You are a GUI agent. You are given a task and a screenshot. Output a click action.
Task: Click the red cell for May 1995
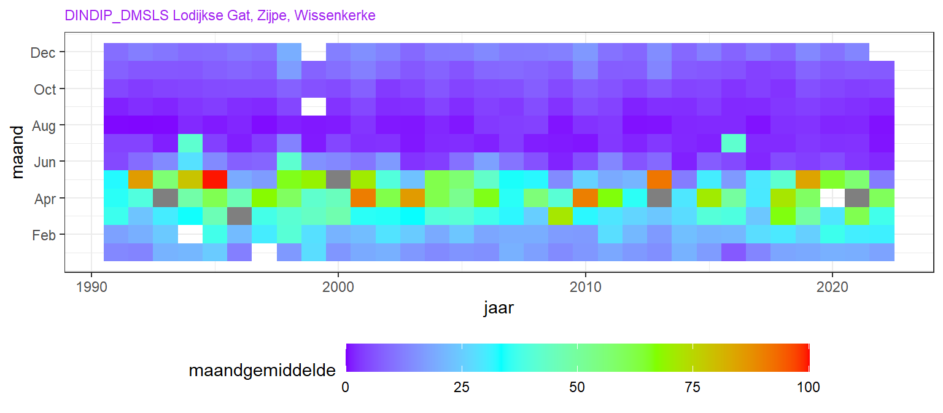click(215, 180)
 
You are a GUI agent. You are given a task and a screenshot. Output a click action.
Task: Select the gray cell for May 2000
click(338, 180)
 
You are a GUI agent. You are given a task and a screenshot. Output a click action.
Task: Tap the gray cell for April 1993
click(165, 198)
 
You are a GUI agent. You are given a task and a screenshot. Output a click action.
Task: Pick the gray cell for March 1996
click(239, 216)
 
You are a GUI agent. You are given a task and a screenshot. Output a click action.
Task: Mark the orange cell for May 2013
click(659, 180)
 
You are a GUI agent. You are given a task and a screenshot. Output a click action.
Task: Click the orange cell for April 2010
click(585, 198)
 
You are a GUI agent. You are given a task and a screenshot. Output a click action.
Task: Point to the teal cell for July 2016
click(734, 143)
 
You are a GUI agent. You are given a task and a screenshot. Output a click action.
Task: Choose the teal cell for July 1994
click(190, 143)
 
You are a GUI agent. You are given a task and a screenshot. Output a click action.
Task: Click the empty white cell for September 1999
click(314, 107)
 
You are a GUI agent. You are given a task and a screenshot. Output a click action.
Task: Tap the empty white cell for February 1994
click(190, 234)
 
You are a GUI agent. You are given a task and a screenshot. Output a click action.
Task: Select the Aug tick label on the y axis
click(44, 125)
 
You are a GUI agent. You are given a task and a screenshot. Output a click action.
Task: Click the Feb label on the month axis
click(44, 235)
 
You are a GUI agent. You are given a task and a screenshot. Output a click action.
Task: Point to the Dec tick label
click(44, 53)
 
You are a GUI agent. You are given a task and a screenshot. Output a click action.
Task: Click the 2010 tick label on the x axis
click(585, 287)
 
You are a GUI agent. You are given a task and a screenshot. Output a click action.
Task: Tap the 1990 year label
click(91, 287)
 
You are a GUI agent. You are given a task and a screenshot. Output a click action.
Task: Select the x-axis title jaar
click(499, 309)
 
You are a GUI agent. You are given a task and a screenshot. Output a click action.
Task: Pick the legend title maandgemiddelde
click(262, 371)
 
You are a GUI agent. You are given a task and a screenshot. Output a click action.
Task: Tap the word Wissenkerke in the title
click(335, 15)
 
